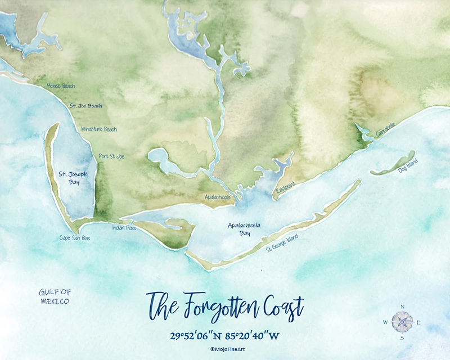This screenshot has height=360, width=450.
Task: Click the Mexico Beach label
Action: (x=60, y=86)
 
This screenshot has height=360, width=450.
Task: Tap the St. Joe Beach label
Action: (x=85, y=105)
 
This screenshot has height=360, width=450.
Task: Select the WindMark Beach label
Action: (x=99, y=129)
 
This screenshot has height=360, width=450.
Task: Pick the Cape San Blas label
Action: (x=75, y=238)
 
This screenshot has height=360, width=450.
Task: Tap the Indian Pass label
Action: (x=124, y=228)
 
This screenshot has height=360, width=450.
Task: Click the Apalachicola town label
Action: (x=217, y=197)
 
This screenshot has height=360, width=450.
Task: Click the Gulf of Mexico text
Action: (x=55, y=296)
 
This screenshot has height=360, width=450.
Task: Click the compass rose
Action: (x=402, y=322)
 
